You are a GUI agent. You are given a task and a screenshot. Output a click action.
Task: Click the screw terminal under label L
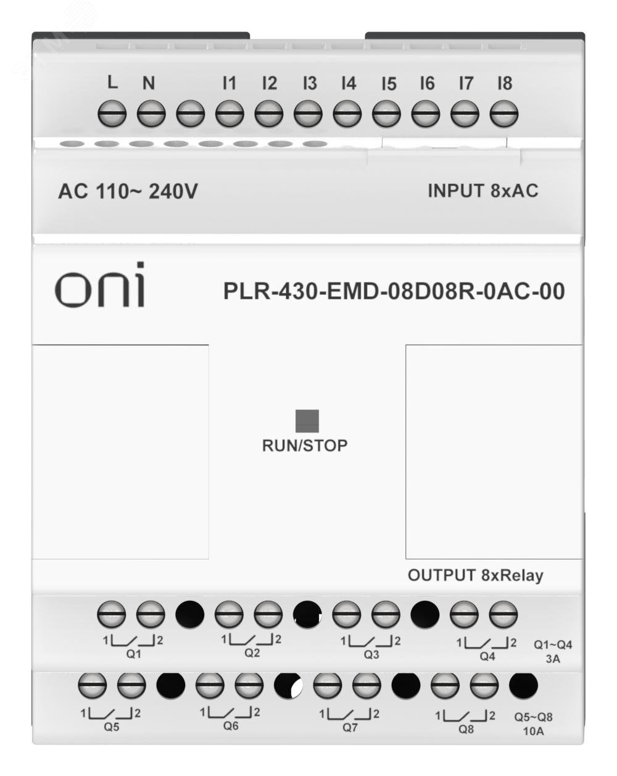(x=112, y=114)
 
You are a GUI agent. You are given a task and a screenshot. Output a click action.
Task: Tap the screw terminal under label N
(x=151, y=114)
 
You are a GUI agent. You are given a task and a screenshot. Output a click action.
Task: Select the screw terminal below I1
(x=230, y=114)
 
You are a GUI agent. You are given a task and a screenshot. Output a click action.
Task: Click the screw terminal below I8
(x=503, y=114)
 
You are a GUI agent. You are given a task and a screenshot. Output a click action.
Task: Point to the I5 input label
(x=388, y=84)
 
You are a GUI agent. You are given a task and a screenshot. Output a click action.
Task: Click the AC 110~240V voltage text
(x=128, y=192)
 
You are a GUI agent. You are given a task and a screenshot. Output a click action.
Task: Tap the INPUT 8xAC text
(x=482, y=191)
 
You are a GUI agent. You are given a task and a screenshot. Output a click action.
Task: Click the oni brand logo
(x=101, y=286)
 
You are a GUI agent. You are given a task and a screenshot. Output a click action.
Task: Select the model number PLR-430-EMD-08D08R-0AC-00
(x=394, y=291)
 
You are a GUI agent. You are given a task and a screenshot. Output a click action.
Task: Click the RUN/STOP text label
(x=305, y=445)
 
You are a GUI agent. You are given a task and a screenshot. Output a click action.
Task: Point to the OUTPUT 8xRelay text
(x=475, y=576)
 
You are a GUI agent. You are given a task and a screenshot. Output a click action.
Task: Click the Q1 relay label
(x=133, y=654)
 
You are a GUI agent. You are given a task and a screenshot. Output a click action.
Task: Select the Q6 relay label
(x=231, y=726)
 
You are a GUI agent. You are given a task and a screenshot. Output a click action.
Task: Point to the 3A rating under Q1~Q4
(x=553, y=659)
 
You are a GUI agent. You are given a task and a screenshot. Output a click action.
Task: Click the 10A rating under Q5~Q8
(x=534, y=732)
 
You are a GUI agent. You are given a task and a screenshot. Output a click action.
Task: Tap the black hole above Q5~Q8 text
(x=523, y=685)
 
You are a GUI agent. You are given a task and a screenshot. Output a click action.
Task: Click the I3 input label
(x=310, y=83)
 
